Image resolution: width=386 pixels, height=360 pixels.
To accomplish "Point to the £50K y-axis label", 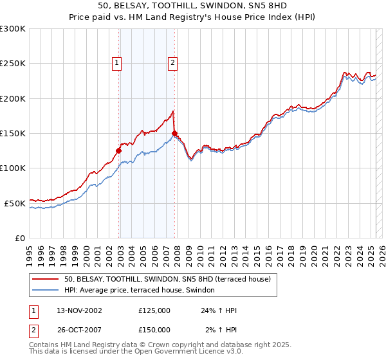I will point(14,203).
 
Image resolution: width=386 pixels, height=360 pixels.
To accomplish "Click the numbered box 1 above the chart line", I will point(116,63).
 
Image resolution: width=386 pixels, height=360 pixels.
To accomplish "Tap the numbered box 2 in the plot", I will point(173,63).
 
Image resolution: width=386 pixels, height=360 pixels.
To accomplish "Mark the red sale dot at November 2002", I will point(118,151).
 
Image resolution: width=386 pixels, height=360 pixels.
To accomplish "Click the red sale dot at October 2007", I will point(174,134).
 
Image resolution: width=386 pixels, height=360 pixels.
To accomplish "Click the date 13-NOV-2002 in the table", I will point(79,310).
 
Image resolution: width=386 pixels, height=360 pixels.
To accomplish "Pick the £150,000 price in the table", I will point(154,329).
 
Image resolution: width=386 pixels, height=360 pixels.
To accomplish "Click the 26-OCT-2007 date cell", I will point(79,329).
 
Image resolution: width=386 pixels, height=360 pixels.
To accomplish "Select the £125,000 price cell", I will point(154,310).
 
